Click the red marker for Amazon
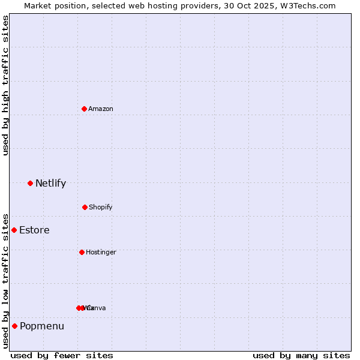(84, 109)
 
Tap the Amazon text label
(101, 109)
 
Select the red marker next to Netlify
(30, 183)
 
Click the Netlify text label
(50, 184)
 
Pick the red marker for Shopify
(85, 207)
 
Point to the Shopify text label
(101, 207)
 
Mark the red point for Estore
(14, 230)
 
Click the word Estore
(34, 230)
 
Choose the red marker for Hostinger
(82, 252)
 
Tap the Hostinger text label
(101, 252)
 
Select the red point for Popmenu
(14, 326)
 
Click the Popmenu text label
(42, 326)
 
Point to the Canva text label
(97, 308)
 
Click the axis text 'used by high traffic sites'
(5, 85)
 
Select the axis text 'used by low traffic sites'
(5, 281)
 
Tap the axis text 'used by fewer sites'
(62, 355)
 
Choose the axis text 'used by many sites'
(301, 355)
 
